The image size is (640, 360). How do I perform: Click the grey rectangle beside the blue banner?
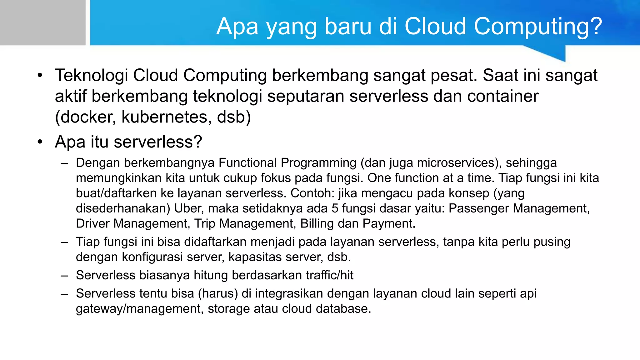(x=42, y=22)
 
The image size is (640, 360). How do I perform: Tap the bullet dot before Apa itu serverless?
(x=40, y=142)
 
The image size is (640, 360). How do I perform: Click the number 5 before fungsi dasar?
(x=335, y=208)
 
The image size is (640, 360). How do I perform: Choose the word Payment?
(x=389, y=224)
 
